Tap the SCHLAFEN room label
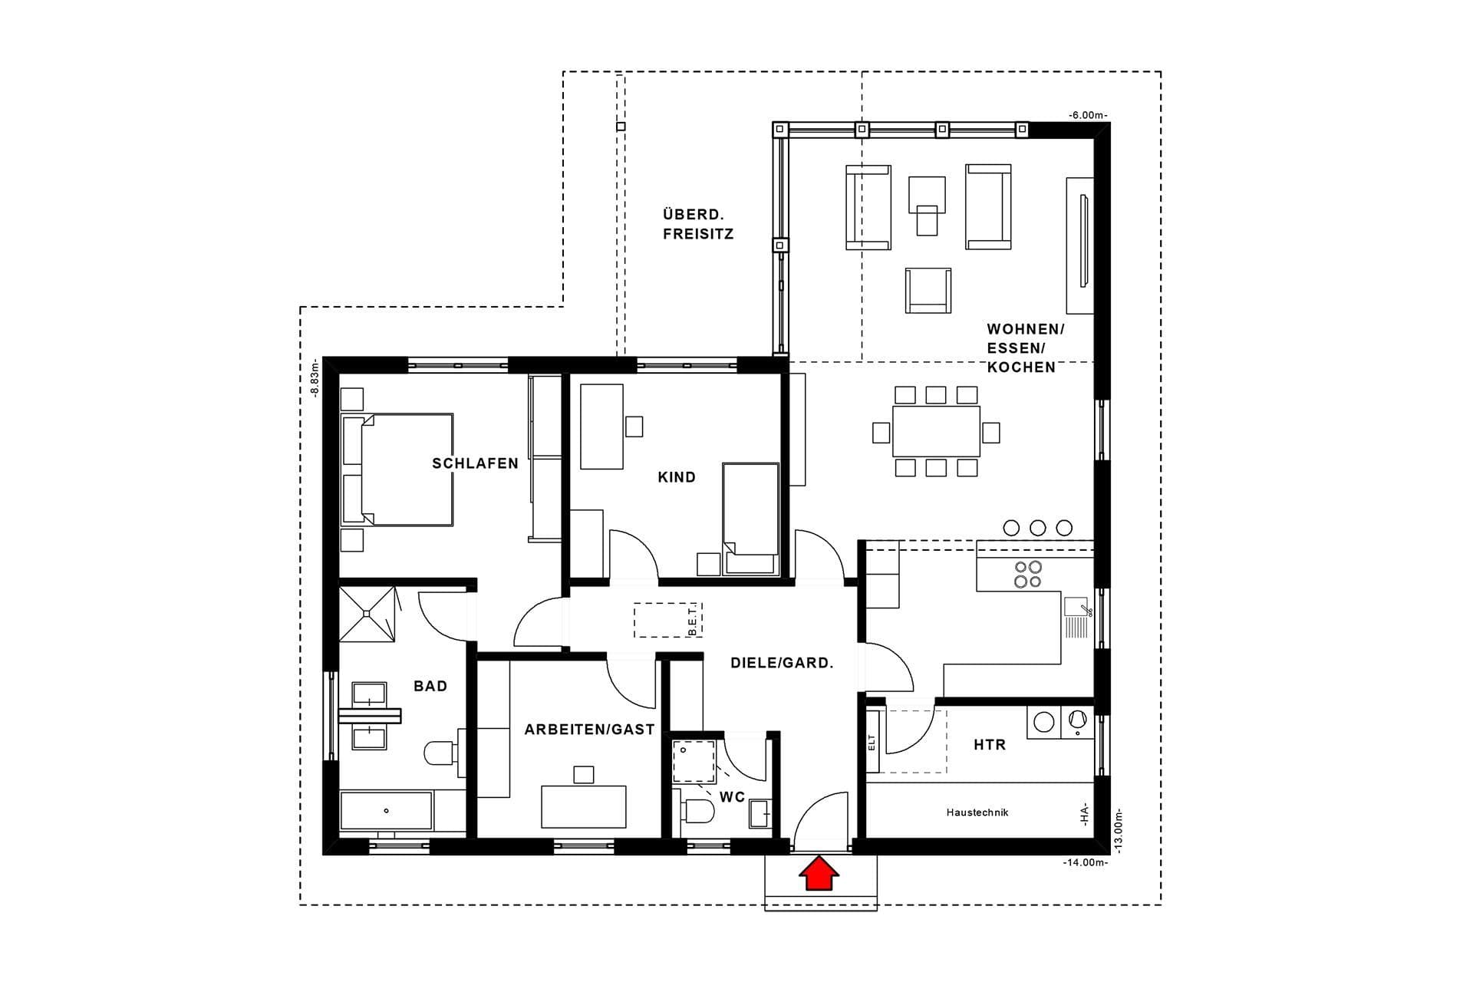click(476, 463)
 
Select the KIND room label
click(677, 477)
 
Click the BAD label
click(430, 686)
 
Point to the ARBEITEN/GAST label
click(589, 730)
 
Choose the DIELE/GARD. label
click(782, 663)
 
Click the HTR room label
click(990, 744)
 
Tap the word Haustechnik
click(977, 812)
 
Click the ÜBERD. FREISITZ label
click(698, 224)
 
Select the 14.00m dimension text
click(1086, 862)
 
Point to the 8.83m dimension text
click(315, 380)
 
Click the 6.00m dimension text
click(1088, 115)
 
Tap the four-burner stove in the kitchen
click(1028, 575)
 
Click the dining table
click(936, 431)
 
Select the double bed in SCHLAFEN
click(397, 470)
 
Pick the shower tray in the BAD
click(367, 614)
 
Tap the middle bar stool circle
click(1037, 528)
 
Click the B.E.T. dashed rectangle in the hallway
click(668, 620)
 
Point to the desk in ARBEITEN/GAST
click(583, 806)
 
